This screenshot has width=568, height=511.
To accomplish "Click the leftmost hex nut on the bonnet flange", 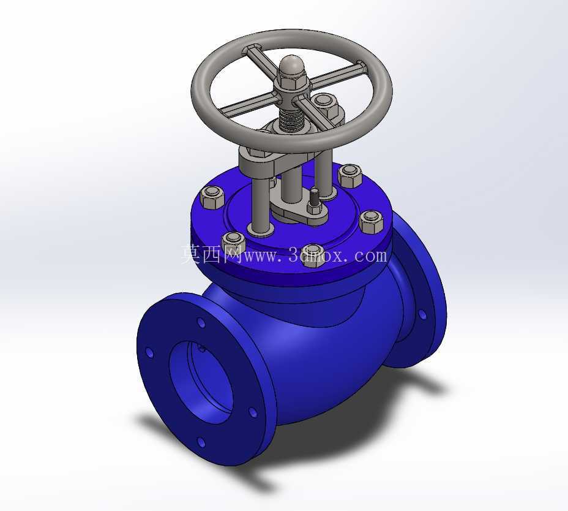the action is pyautogui.click(x=212, y=197).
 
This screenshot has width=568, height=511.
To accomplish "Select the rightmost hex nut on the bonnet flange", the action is pyautogui.click(x=372, y=222).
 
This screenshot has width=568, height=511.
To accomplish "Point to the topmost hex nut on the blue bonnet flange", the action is pyautogui.click(x=350, y=175).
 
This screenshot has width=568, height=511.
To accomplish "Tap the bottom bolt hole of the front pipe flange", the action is pyautogui.click(x=201, y=442).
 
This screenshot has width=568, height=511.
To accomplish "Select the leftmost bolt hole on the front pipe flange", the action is pyautogui.click(x=149, y=352).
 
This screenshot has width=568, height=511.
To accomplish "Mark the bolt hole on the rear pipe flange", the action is pyautogui.click(x=422, y=314).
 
